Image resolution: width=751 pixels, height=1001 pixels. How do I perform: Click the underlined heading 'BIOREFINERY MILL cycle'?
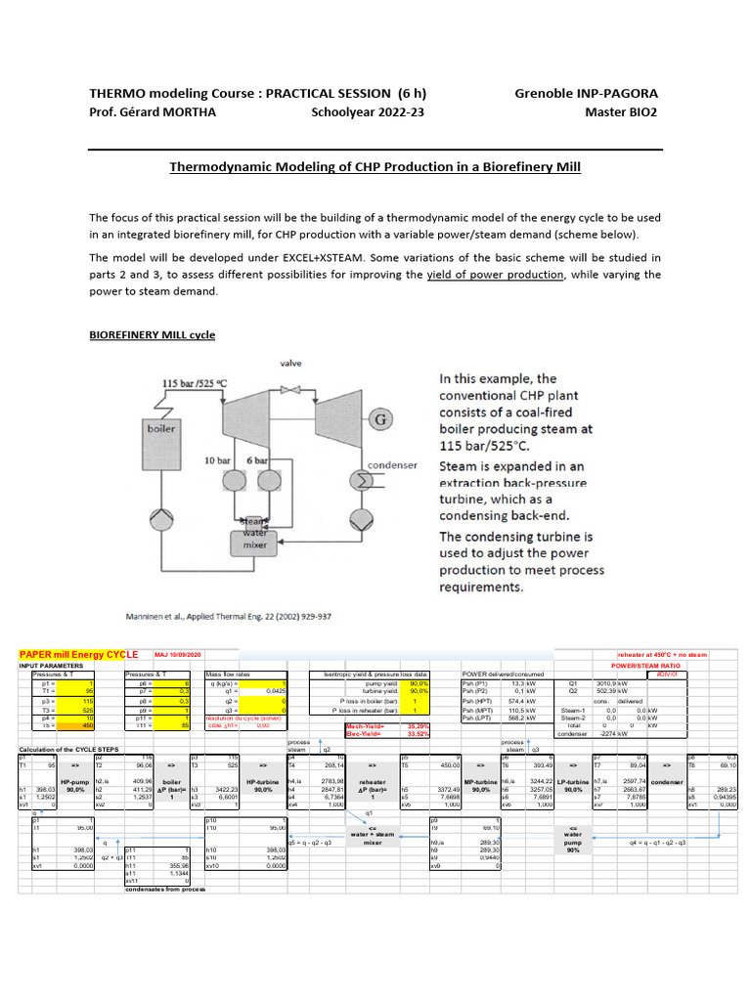click(x=152, y=334)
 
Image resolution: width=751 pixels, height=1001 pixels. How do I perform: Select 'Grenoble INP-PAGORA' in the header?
click(x=586, y=93)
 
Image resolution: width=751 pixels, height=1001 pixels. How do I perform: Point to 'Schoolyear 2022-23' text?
click(x=369, y=111)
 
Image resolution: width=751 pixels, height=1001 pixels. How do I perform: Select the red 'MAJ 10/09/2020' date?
click(x=176, y=654)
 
